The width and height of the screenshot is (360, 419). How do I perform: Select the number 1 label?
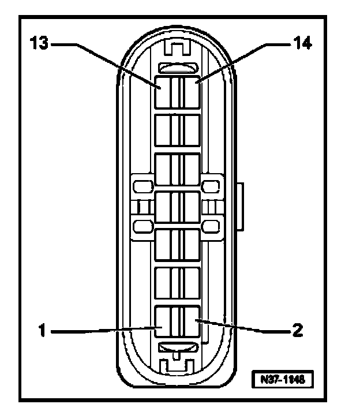42,331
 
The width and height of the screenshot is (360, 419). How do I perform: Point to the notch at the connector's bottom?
178,365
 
